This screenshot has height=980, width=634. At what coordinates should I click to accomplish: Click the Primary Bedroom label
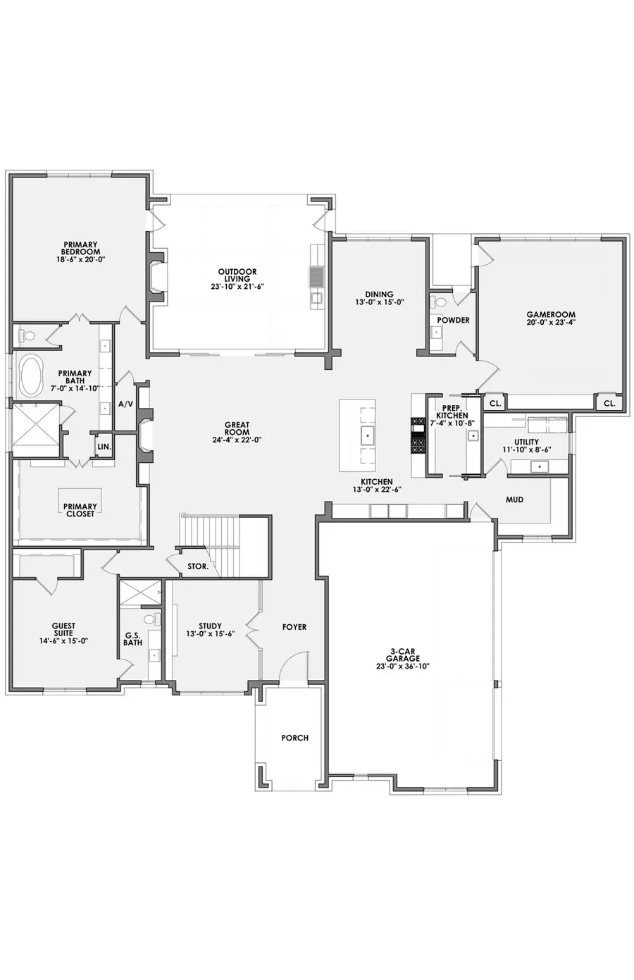point(80,248)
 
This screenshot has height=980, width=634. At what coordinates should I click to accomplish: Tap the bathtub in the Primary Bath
point(30,376)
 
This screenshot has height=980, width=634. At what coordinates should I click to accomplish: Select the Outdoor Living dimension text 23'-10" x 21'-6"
point(237,287)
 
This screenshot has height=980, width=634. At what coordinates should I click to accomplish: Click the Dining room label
point(379,294)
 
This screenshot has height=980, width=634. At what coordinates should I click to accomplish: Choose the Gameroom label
point(551,315)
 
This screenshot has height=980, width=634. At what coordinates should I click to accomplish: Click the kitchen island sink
point(366,437)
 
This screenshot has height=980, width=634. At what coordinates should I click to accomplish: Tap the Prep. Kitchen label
point(452,411)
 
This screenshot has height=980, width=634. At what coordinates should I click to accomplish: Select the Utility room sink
point(540,466)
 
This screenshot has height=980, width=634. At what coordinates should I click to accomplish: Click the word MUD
point(514,500)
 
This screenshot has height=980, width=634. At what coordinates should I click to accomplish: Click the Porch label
point(294,738)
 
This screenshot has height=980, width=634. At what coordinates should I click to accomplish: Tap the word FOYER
point(294,626)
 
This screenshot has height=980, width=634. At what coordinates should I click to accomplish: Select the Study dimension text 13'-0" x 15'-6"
point(211,634)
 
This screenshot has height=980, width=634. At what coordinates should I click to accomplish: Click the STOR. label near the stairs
point(197,566)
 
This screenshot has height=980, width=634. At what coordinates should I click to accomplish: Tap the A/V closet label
point(125,404)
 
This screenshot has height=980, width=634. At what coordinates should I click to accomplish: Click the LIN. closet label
point(104,447)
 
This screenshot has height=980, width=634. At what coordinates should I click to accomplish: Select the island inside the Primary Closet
point(80,501)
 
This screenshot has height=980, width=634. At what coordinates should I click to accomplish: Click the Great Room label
point(237,425)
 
